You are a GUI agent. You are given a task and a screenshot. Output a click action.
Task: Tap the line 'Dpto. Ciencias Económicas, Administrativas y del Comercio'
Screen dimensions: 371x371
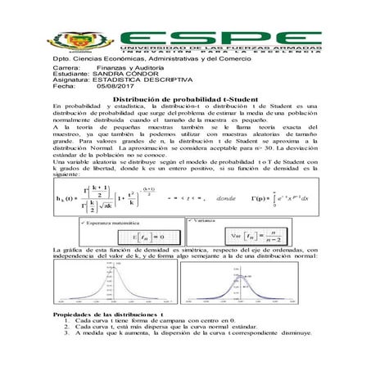(x=156, y=60)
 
